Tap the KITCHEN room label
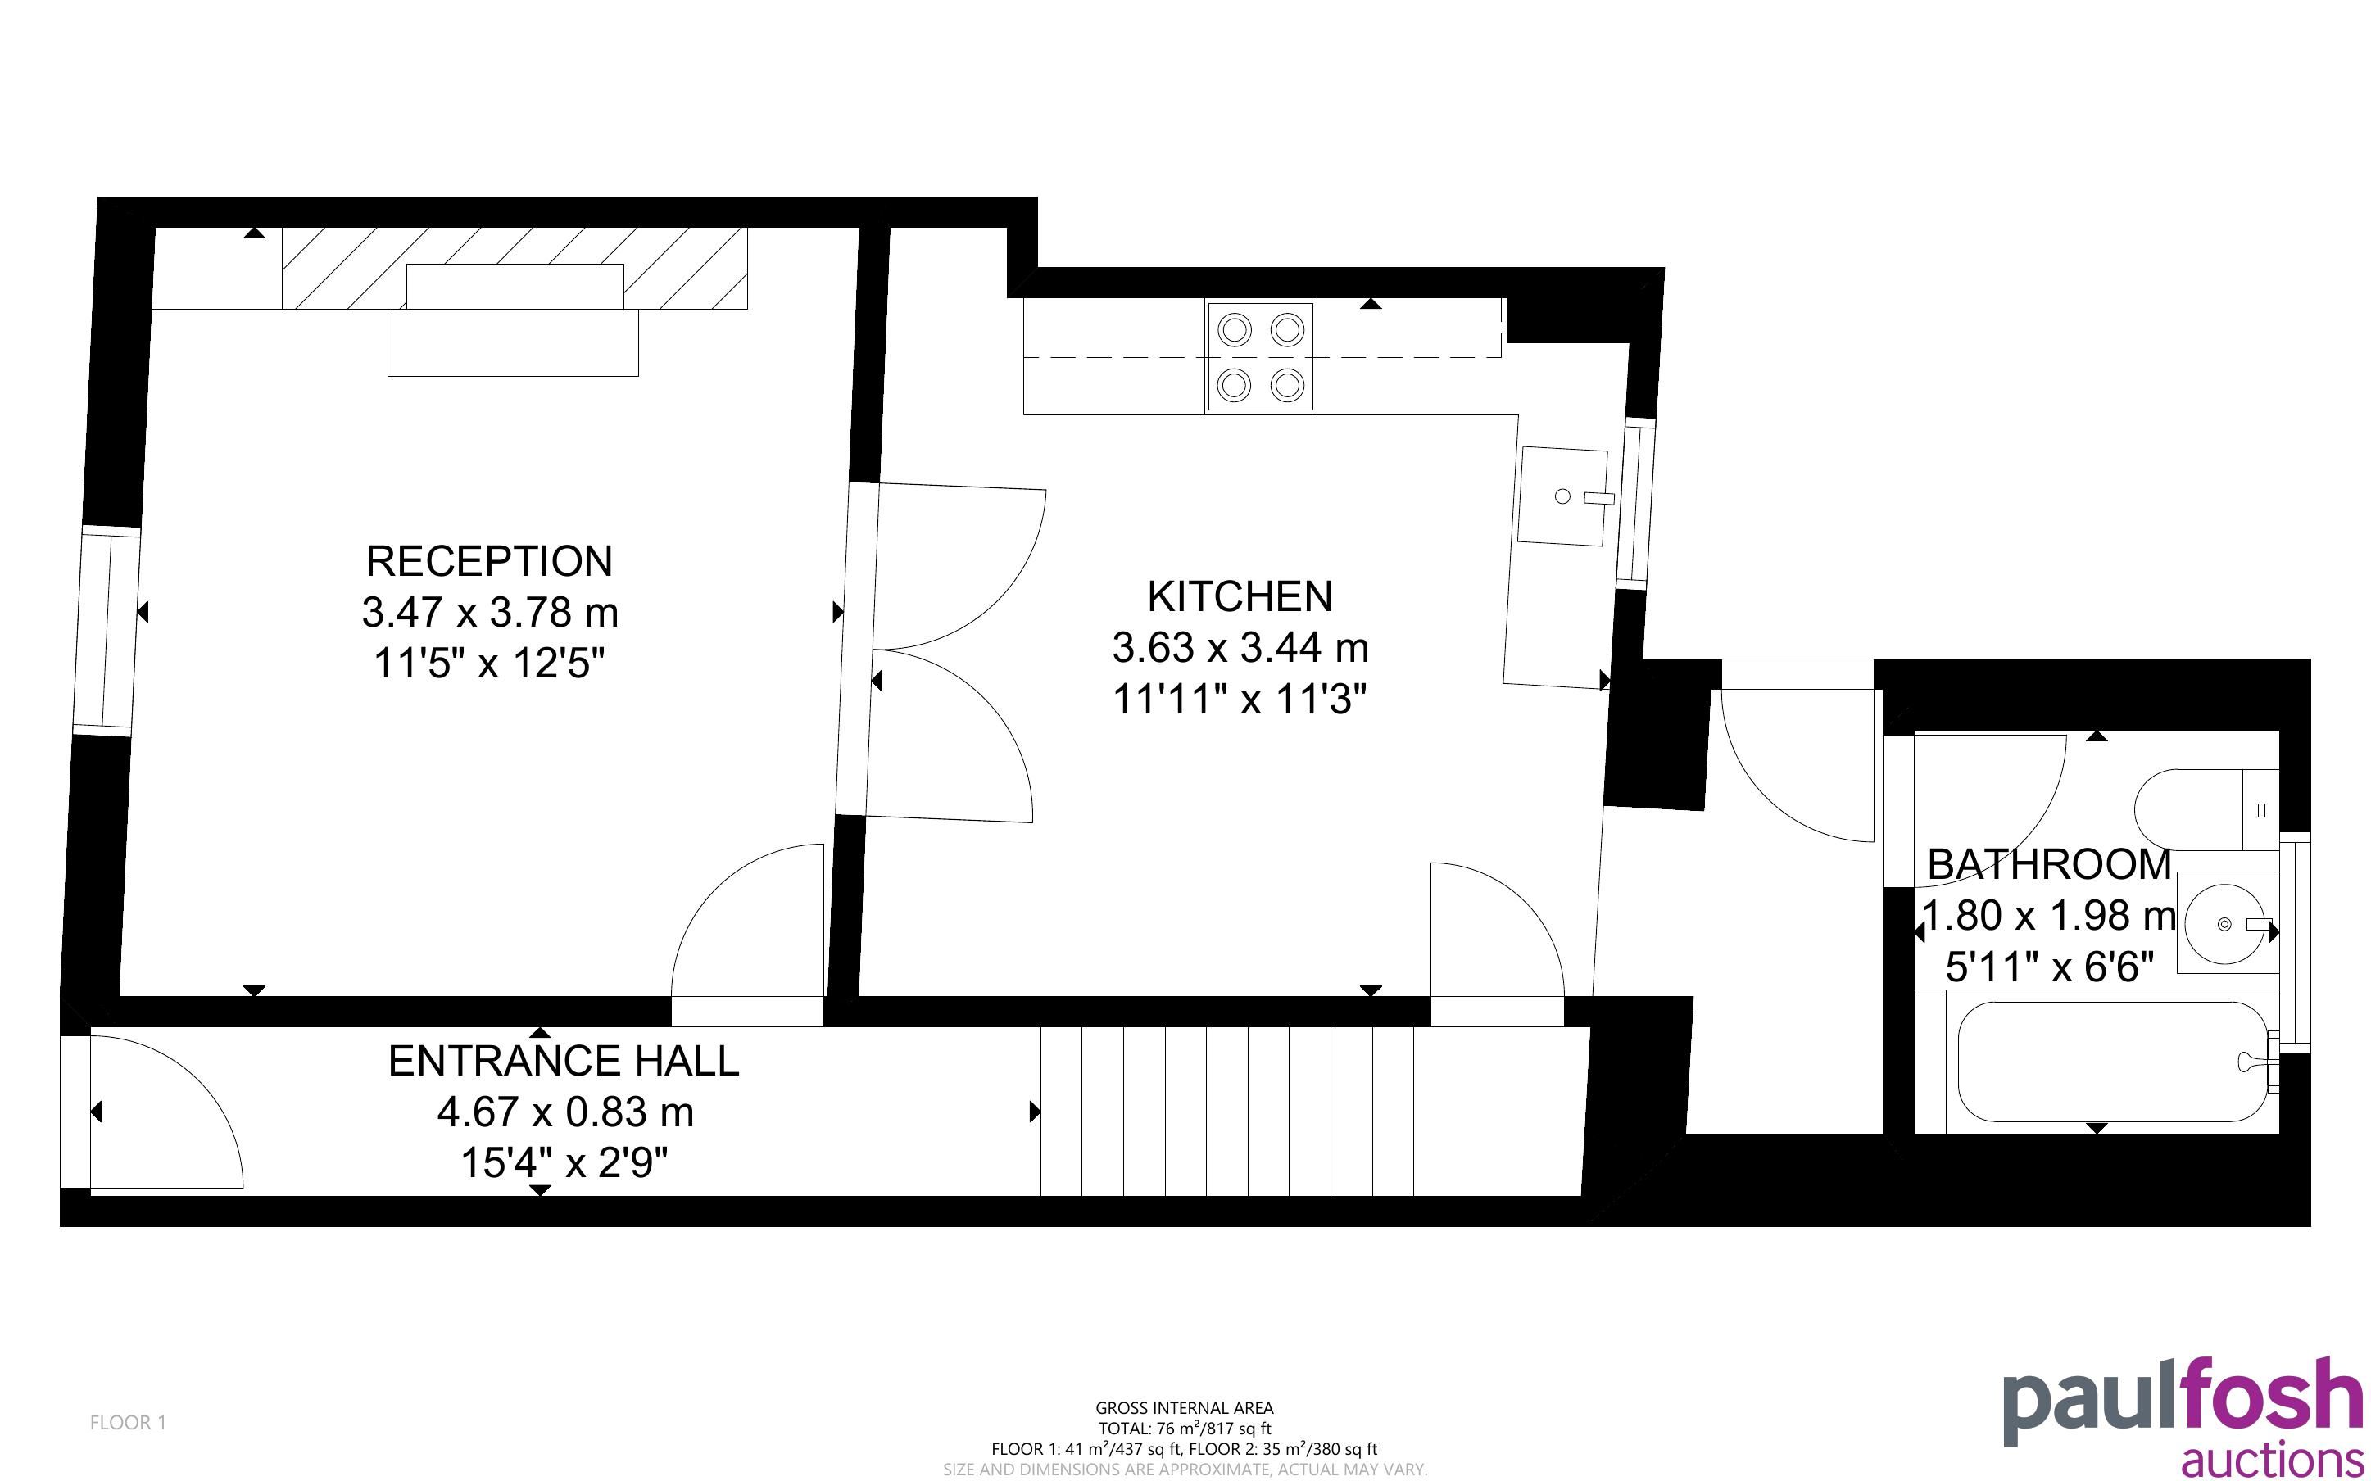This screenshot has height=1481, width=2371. (1240, 596)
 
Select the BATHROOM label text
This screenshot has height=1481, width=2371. (2049, 864)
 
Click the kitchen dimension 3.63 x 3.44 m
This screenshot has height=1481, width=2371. (1240, 647)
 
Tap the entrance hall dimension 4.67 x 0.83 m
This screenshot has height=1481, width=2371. (565, 1112)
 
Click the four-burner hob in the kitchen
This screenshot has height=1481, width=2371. (1262, 356)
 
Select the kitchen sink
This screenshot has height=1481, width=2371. (1564, 496)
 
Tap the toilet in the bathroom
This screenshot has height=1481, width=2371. (2206, 810)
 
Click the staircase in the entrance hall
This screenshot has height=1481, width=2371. (1312, 1112)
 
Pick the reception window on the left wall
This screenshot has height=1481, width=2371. (107, 630)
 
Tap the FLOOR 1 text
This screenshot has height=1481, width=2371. (129, 1422)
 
